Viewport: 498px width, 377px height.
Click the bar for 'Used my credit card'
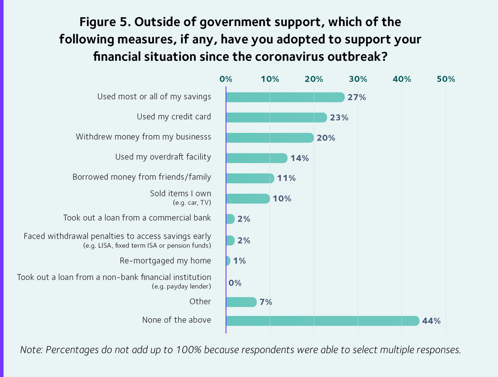(277, 117)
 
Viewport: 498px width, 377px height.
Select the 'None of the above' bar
(323, 321)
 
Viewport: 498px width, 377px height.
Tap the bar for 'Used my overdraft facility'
(257, 158)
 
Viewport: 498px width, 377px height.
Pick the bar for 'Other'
(241, 302)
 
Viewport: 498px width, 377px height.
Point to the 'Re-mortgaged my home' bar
(228, 261)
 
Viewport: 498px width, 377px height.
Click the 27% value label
(357, 97)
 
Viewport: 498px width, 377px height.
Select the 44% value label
(431, 321)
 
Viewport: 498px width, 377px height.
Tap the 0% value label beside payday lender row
(235, 283)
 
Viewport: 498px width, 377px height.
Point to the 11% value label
(286, 178)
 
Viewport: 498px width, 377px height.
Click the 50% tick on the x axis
(445, 79)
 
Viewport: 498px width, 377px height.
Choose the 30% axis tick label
(357, 79)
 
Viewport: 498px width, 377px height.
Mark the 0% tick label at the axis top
(226, 79)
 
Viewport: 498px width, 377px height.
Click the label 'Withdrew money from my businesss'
(143, 137)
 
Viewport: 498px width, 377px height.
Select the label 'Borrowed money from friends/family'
(142, 177)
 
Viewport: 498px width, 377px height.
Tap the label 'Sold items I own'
(180, 194)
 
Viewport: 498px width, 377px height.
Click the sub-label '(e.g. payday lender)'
(181, 286)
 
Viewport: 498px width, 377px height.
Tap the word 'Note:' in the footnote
(32, 350)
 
